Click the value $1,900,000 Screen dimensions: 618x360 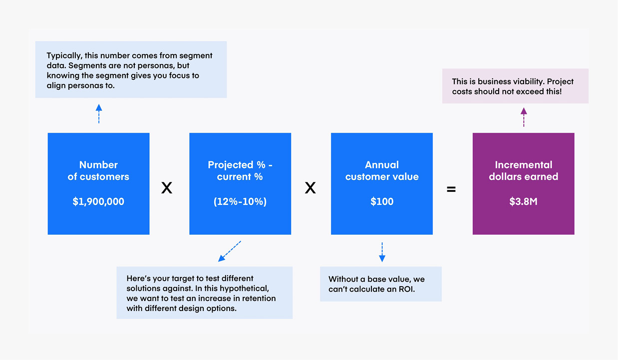point(98,202)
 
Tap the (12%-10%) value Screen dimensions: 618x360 point(240,202)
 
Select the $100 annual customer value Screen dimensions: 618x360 point(382,202)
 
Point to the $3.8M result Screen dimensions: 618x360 point(523,202)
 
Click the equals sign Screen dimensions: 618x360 point(451,189)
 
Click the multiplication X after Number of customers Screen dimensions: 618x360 point(167,188)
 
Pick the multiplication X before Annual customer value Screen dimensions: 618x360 point(310,188)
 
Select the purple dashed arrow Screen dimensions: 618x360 point(524,117)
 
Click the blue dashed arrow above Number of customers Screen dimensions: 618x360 point(99,114)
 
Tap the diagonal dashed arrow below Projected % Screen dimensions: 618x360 point(230,251)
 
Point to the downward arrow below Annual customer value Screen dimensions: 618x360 point(382,252)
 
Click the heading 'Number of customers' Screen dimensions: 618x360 point(98,171)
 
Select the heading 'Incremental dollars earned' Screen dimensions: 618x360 point(523,171)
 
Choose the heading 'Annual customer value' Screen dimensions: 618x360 point(382,171)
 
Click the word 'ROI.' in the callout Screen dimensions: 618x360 point(407,289)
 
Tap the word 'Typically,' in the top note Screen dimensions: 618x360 point(64,56)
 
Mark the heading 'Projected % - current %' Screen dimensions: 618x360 point(240,171)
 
